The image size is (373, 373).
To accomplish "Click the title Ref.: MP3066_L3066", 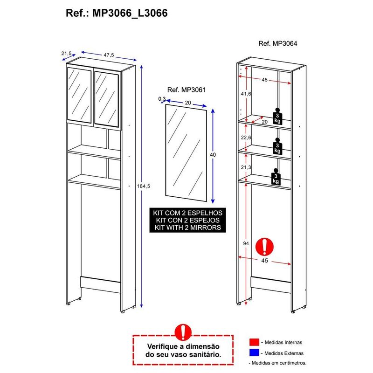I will pos(117,13).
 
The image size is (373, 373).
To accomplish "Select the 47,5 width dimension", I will pos(109,55).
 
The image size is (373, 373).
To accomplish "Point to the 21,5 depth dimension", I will pos(66,54).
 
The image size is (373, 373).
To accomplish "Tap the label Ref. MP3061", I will pos(186,90).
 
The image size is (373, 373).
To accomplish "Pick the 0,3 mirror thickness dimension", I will pos(162,99).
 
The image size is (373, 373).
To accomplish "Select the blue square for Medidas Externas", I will pos(253,353).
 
